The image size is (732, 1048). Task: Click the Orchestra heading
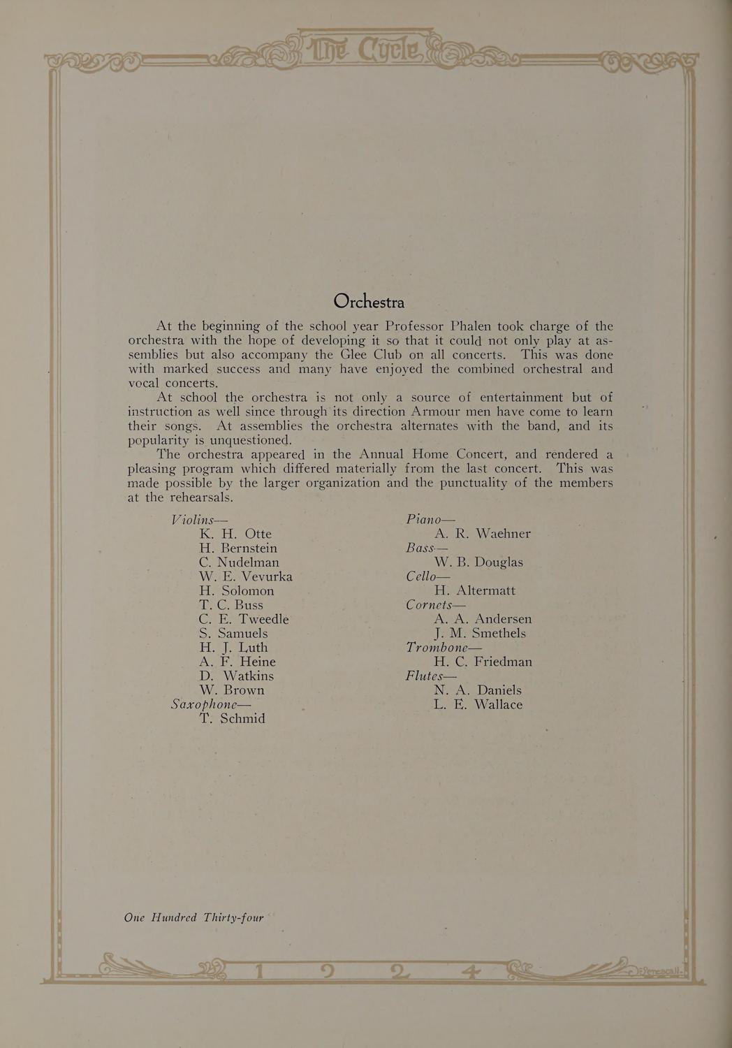pos(369,301)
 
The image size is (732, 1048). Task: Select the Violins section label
pos(200,519)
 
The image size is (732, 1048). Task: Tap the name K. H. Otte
pos(235,534)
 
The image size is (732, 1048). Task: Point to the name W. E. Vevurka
pos(245,576)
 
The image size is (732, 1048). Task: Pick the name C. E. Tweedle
pos(243,619)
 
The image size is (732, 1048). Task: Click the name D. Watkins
pos(236,676)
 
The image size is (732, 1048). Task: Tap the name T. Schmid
pos(232,718)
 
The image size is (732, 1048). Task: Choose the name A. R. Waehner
pos(482,534)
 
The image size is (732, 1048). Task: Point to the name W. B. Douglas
pos(478,562)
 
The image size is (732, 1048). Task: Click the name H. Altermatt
pos(474,590)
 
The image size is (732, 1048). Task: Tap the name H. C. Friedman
pos(483,662)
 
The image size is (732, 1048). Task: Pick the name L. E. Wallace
pos(478,704)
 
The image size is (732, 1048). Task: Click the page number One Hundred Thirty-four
pos(193,917)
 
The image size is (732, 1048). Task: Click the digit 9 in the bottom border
pos(326,973)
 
